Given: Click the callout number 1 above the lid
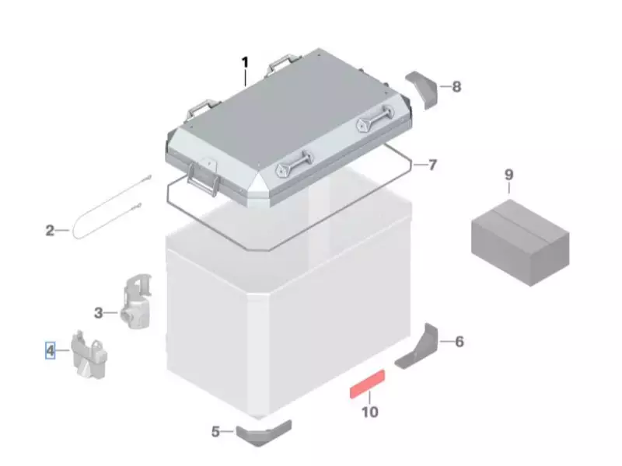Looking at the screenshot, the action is (x=245, y=63).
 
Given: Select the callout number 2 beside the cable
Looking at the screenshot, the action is (x=50, y=230).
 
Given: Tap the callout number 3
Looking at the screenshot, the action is (x=99, y=313).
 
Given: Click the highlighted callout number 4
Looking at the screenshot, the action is (x=50, y=351).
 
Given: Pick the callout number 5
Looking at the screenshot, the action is (x=215, y=432).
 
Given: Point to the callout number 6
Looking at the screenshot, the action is (x=459, y=342).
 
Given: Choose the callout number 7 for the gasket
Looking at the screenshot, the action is (x=432, y=165).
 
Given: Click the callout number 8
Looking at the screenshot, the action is (x=456, y=87).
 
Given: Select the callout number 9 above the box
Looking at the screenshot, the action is (x=508, y=175).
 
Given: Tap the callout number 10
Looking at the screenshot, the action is (x=370, y=412).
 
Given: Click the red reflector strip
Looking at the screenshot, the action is (x=367, y=384).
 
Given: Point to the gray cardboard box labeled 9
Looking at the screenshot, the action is (x=520, y=242).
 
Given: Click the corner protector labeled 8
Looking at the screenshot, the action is (x=421, y=89).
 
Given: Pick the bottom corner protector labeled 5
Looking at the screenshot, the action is (x=264, y=433).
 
